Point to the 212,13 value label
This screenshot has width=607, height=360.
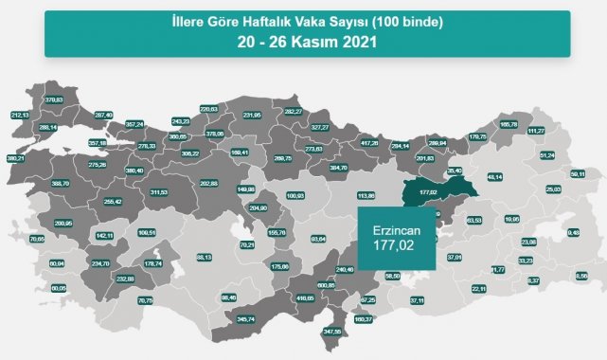tap(21, 115)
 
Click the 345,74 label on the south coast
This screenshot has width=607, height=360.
tap(246, 319)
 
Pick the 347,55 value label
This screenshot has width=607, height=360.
tap(330, 332)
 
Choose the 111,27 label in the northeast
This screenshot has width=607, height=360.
tap(536, 131)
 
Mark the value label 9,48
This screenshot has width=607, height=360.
tap(573, 231)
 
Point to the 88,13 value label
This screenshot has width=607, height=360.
tap(203, 257)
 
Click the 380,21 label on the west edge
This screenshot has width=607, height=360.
tap(16, 158)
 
